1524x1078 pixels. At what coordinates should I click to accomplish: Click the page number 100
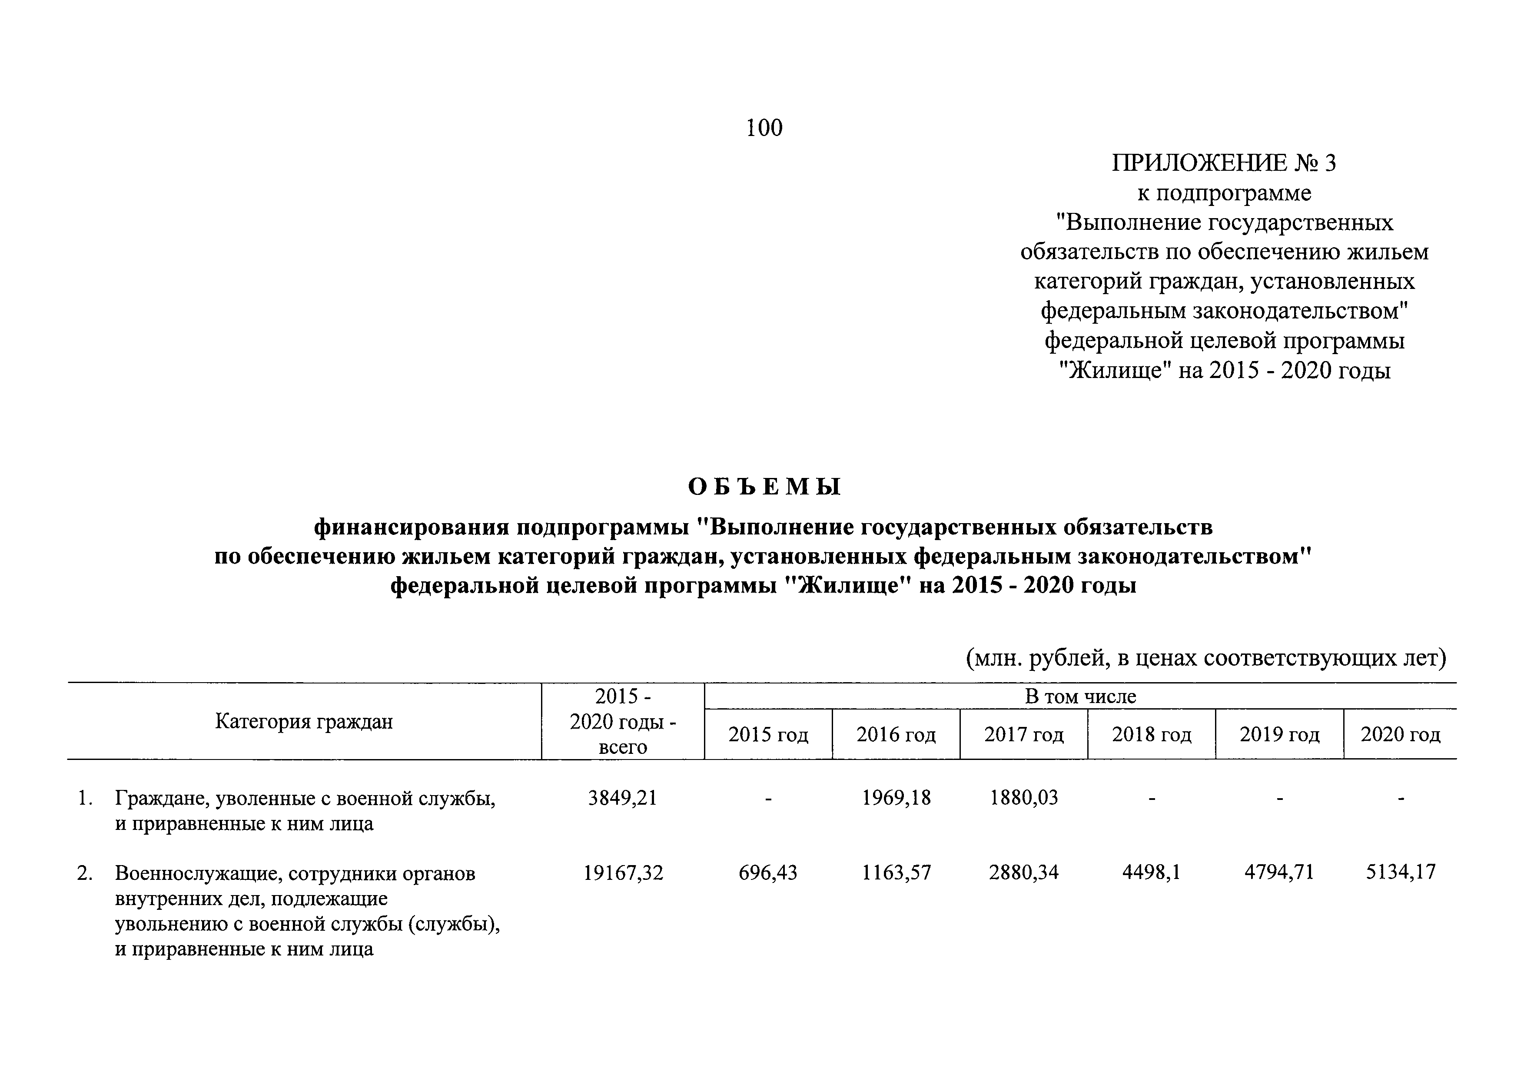click(x=764, y=127)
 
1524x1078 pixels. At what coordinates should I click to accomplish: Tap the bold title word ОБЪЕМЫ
click(x=764, y=487)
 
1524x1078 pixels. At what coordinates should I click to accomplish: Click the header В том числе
click(x=1080, y=697)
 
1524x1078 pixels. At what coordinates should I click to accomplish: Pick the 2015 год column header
click(x=768, y=734)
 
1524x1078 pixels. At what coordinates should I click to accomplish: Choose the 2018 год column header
click(x=1152, y=734)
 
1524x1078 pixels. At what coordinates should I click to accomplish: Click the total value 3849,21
click(x=623, y=797)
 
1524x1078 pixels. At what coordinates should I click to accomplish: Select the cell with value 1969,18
click(x=896, y=797)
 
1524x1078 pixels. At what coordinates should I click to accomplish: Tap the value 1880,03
click(x=1023, y=797)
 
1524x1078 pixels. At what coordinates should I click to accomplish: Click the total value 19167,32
click(x=623, y=872)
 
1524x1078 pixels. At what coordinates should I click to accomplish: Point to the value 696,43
click(x=768, y=872)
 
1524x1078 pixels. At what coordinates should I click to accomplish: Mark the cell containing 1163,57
click(x=896, y=872)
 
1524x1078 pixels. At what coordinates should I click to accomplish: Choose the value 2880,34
click(x=1023, y=872)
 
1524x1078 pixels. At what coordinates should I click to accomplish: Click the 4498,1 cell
click(x=1152, y=872)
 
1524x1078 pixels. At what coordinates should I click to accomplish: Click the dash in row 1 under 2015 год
click(x=768, y=799)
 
